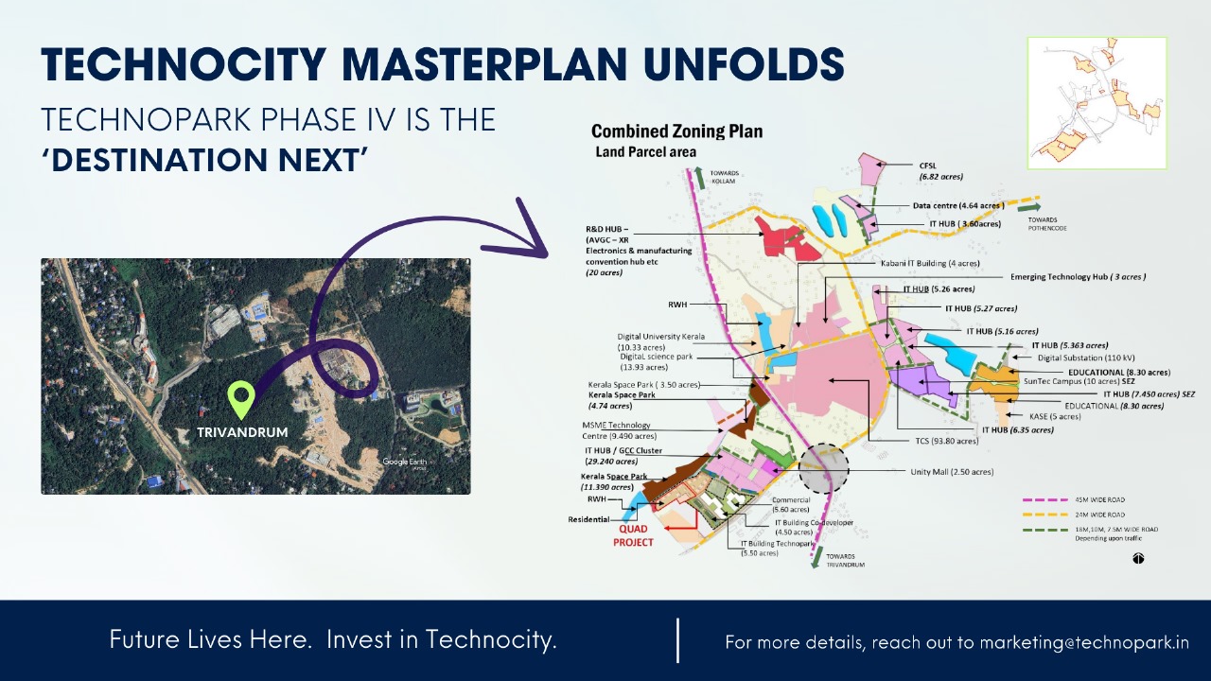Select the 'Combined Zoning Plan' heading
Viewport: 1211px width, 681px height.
tap(676, 131)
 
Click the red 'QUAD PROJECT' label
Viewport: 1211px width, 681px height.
tap(633, 536)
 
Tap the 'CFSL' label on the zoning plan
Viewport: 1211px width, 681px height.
tap(928, 165)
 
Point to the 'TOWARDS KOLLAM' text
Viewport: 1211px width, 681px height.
tap(723, 177)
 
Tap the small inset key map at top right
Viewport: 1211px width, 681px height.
tap(1097, 103)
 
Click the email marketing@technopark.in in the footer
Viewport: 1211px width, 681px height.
tap(1084, 642)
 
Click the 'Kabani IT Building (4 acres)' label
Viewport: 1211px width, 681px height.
tap(929, 263)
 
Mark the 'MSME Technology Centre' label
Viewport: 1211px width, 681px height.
tap(619, 430)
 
